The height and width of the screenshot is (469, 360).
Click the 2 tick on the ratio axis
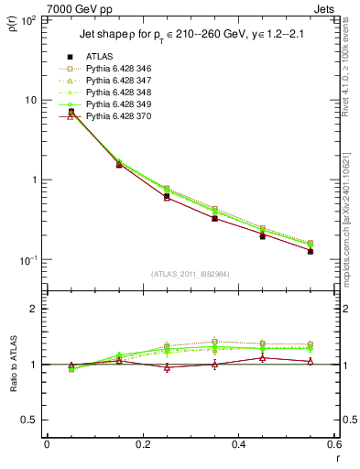(x=35, y=310)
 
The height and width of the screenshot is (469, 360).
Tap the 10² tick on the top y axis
(x=28, y=19)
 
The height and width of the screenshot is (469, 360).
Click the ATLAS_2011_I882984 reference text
(x=191, y=274)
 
